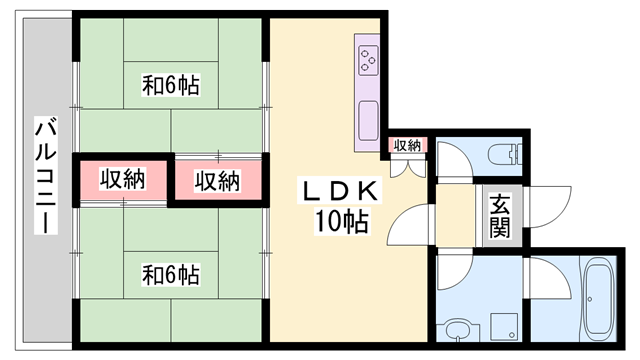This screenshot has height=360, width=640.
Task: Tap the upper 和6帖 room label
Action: (170, 86)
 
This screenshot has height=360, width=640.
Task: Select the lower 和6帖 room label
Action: (170, 272)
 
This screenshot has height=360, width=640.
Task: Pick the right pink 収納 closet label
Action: (217, 181)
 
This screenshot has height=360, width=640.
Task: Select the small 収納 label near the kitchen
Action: (407, 146)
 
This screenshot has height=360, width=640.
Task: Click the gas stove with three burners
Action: (367, 61)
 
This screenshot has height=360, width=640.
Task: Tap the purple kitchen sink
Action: (367, 118)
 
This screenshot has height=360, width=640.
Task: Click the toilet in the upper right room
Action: (504, 154)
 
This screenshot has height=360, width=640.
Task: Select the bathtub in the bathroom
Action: (601, 300)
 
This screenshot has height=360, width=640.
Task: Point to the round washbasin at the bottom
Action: (458, 330)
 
